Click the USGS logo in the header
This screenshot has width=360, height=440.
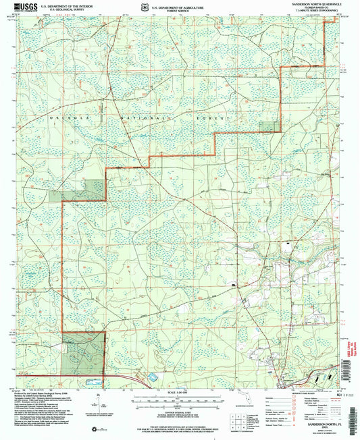click(x=24, y=7)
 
